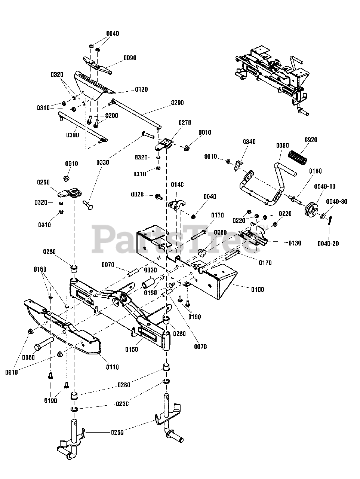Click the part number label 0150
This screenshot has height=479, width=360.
coord(131,350)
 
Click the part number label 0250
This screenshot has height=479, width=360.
coord(117,433)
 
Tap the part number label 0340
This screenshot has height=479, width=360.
coord(249,141)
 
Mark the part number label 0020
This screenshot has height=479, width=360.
coord(138,195)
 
